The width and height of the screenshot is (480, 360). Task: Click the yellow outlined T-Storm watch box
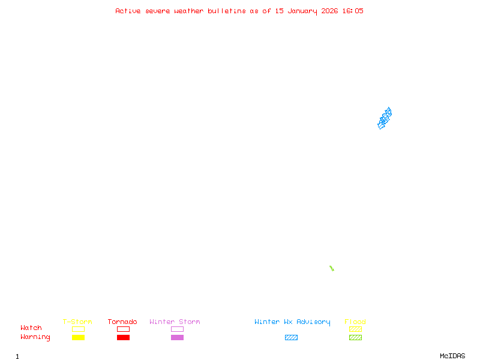tap(78, 329)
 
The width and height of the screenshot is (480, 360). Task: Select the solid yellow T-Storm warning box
tap(78, 337)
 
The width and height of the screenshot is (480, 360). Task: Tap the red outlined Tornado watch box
tap(123, 329)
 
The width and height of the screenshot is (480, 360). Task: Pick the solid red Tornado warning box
tap(123, 337)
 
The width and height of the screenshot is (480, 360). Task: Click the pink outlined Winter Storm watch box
tap(177, 329)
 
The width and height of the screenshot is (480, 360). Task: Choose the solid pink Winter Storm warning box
tap(177, 337)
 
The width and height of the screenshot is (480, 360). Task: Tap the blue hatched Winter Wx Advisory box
tap(291, 337)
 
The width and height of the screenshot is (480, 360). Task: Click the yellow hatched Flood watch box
tap(355, 329)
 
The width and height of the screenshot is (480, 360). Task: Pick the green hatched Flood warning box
tap(355, 337)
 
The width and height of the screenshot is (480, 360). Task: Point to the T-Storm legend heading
tap(77, 322)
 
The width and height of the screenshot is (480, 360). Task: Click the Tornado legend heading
tap(122, 322)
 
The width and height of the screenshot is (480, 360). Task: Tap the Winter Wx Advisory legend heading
tap(292, 322)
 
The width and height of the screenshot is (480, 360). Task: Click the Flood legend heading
tap(355, 322)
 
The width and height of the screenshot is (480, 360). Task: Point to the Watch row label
tap(31, 328)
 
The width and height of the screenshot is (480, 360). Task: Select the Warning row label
tap(35, 337)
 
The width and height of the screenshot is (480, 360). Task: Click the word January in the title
tap(303, 11)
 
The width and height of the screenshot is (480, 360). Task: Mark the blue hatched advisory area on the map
tap(385, 118)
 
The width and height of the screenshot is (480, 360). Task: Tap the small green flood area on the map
tap(331, 268)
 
